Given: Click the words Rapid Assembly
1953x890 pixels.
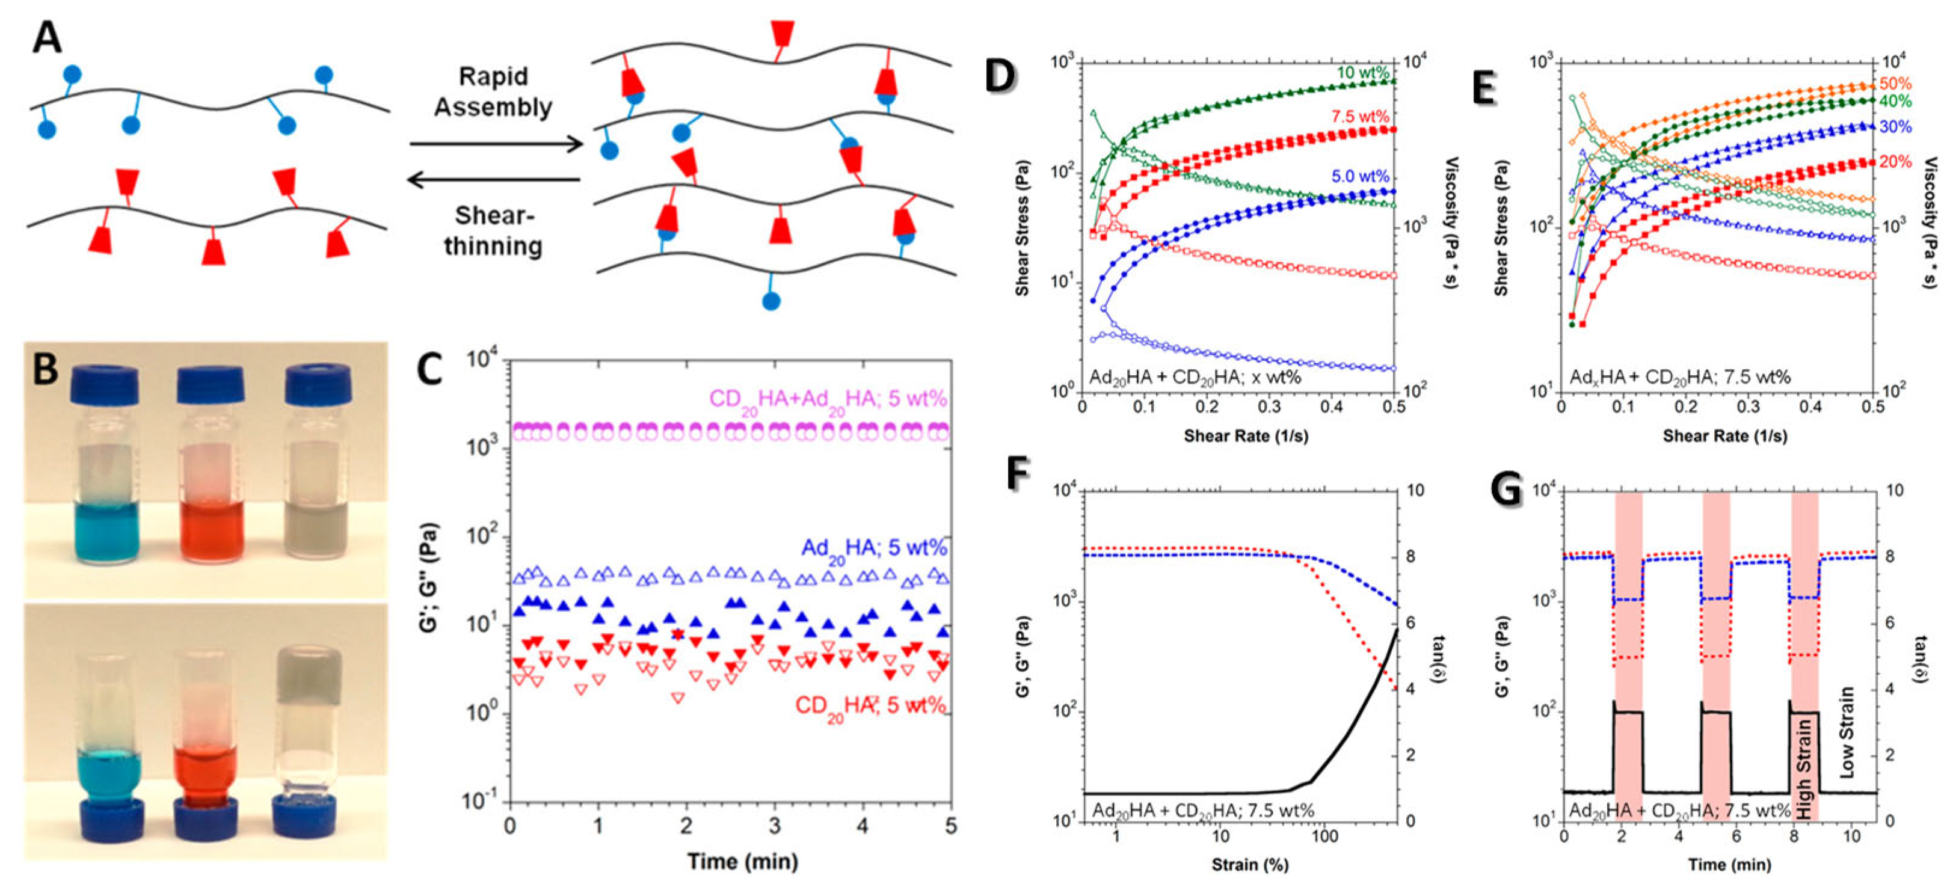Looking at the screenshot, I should [x=493, y=92].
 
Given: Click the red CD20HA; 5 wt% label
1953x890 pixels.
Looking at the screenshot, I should [x=870, y=707].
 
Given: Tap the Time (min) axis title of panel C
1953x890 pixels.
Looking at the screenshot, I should [x=742, y=862].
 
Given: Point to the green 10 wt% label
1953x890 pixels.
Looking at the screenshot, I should [x=1362, y=73].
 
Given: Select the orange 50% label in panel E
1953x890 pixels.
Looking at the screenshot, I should [x=1895, y=84].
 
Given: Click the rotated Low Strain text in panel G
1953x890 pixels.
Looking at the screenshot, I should [x=1847, y=732].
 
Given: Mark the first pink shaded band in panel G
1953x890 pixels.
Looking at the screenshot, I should [x=1629, y=607].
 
